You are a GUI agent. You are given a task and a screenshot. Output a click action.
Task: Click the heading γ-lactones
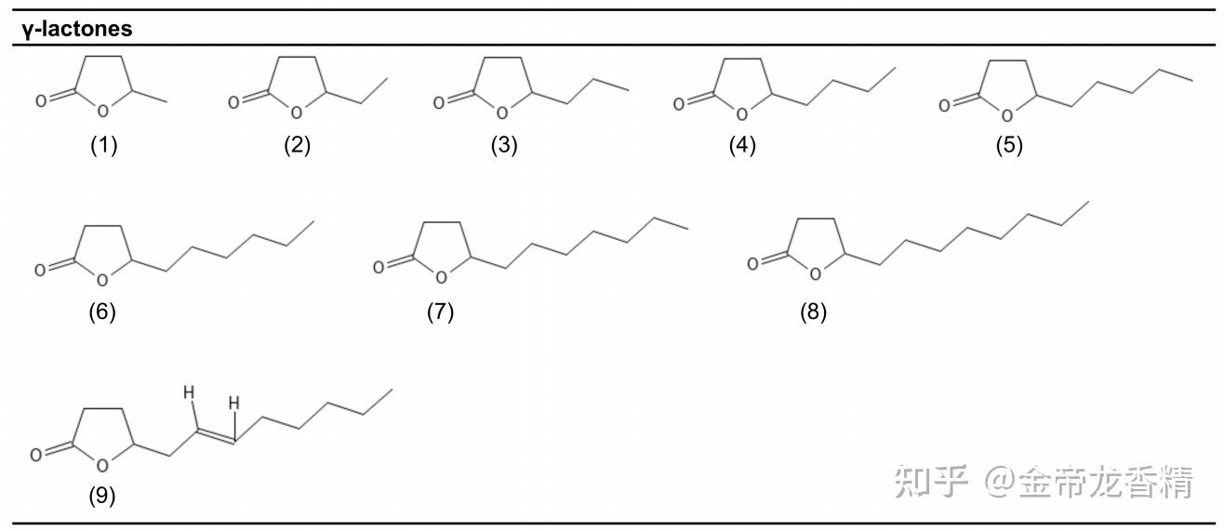[x=77, y=29]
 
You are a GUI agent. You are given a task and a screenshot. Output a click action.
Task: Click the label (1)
[x=104, y=146]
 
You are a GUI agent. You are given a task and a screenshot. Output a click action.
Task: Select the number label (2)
[x=298, y=146]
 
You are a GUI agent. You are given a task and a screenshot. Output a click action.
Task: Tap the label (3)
[x=504, y=146]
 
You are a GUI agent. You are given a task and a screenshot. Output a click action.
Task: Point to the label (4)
[x=742, y=146]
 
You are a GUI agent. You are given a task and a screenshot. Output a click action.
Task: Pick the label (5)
[x=1008, y=146]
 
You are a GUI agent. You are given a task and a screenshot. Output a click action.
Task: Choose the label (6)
[x=102, y=312]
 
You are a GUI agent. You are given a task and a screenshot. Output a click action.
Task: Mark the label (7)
[x=440, y=312]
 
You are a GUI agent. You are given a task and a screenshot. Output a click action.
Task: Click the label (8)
[x=813, y=312]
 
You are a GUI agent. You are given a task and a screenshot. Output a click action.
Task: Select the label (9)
[x=102, y=497]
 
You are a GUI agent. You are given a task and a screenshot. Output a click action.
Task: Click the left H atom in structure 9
[x=188, y=393]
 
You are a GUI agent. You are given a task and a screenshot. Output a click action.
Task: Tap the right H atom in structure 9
[x=234, y=404]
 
